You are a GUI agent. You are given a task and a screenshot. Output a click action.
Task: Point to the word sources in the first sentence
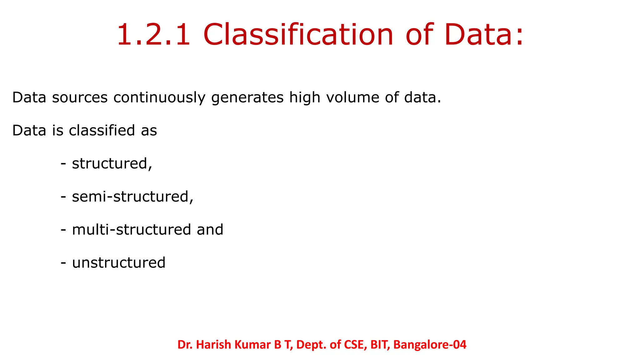(80, 97)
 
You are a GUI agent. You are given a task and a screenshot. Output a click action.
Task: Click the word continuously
(159, 98)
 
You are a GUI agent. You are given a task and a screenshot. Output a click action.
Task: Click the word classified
(102, 131)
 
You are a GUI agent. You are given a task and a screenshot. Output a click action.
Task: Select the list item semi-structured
(132, 197)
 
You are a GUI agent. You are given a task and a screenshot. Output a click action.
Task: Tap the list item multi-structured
(131, 230)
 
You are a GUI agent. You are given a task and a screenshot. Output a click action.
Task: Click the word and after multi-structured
(210, 230)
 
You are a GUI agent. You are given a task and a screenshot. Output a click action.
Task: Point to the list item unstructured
(119, 263)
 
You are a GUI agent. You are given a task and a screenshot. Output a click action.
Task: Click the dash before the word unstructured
(63, 263)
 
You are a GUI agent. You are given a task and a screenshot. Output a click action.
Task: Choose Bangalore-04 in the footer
(430, 345)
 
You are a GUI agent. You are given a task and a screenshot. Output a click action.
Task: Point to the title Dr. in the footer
(185, 345)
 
